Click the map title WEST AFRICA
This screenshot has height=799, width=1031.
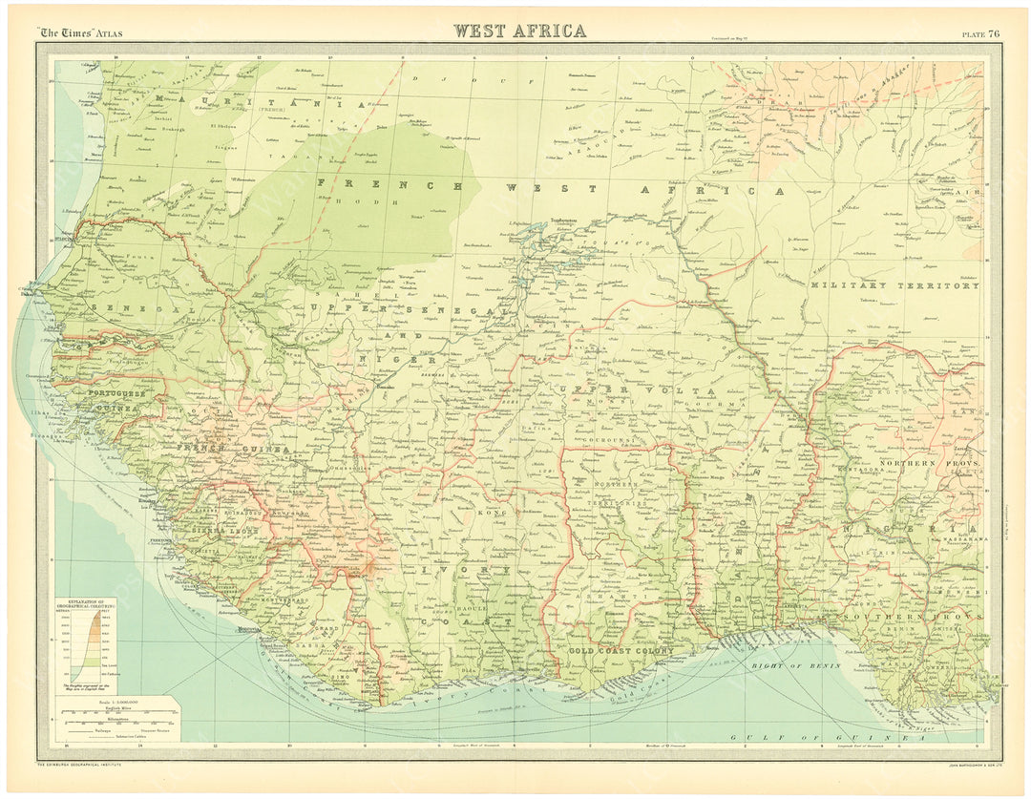point(520,31)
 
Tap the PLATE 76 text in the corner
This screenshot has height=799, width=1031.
point(980,33)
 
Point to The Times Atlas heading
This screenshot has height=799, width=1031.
point(80,33)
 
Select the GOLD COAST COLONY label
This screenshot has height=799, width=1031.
point(621,651)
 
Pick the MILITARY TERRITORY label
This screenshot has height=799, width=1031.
point(894,285)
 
